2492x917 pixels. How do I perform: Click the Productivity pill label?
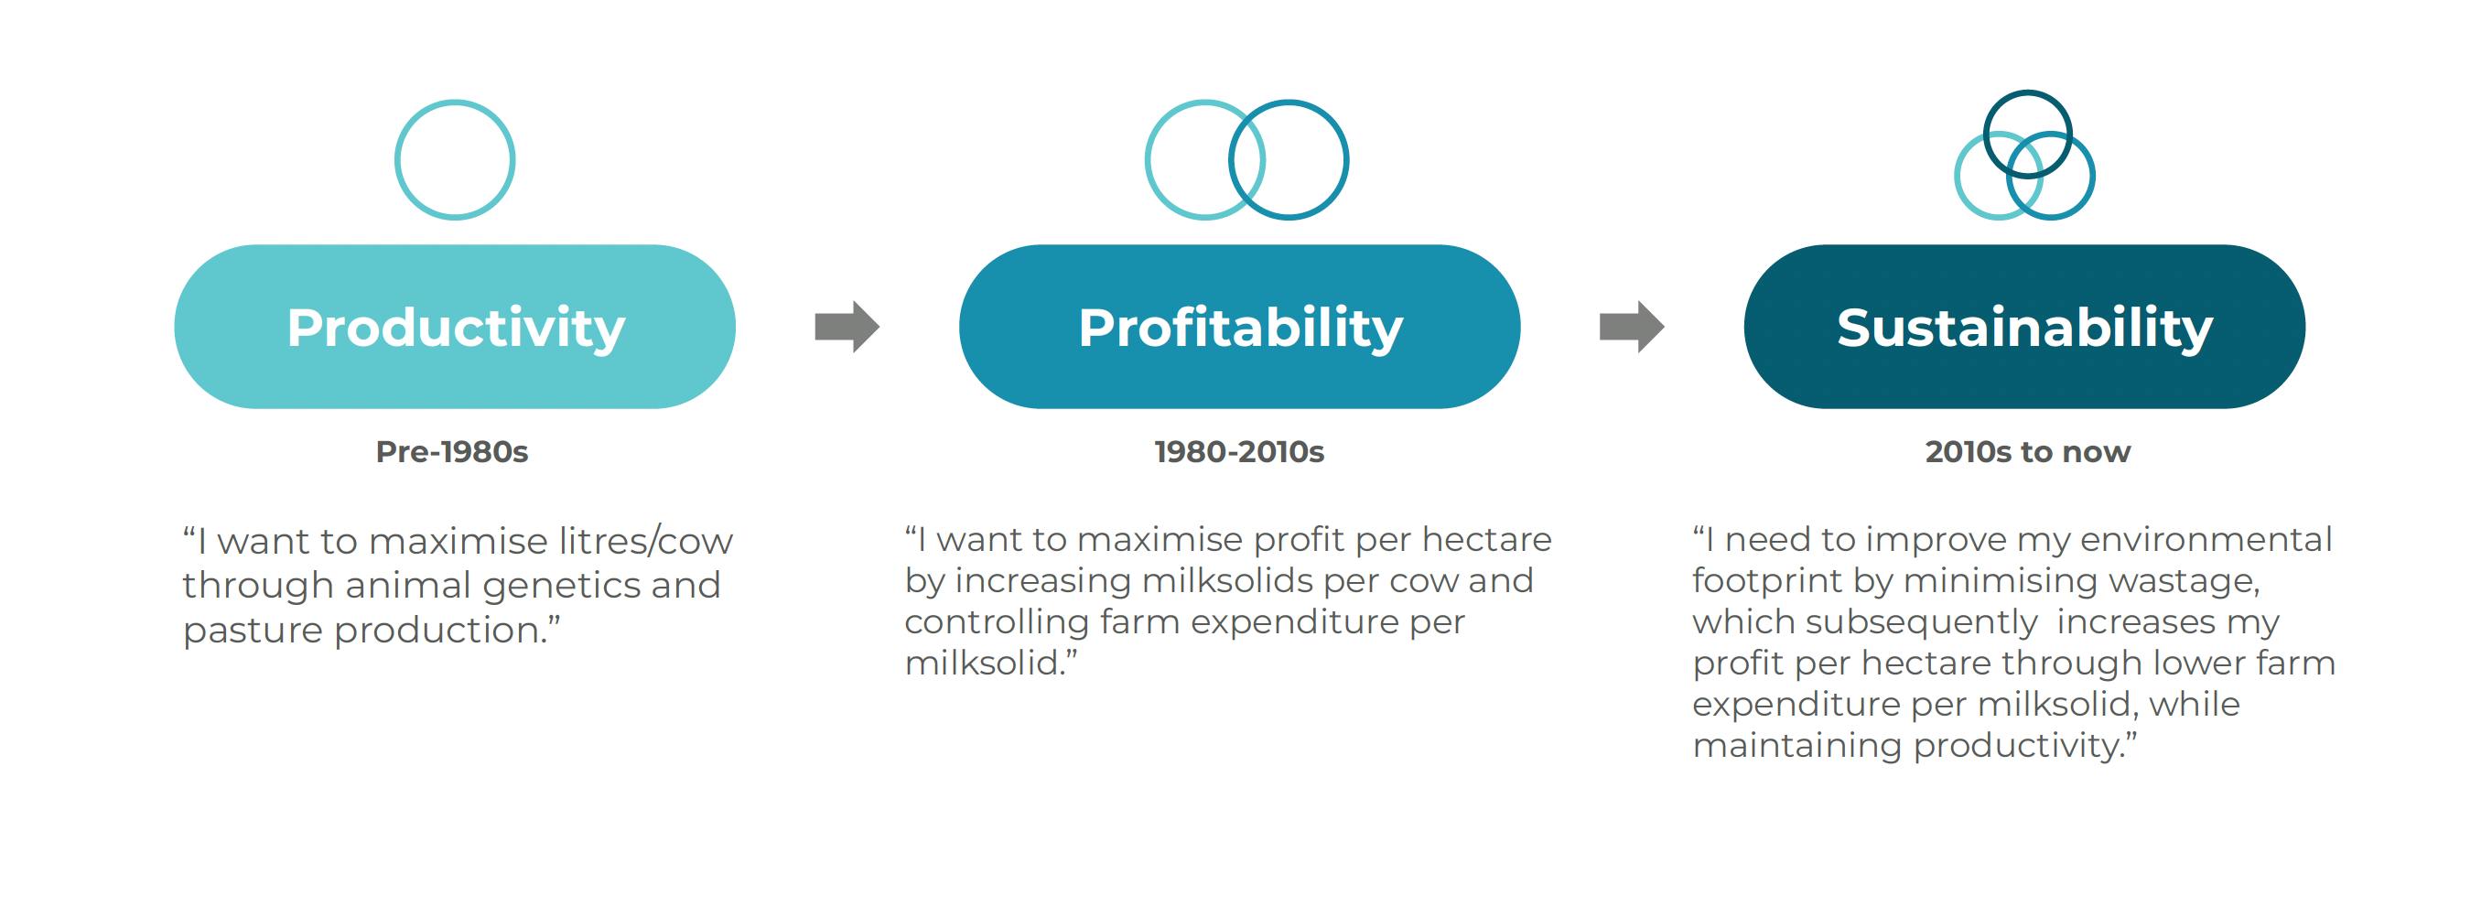(x=456, y=328)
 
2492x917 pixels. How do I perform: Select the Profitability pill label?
(x=1240, y=328)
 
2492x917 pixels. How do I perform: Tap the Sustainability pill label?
(x=2024, y=328)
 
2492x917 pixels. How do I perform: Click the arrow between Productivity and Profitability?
(x=847, y=327)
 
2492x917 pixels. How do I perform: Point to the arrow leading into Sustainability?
(x=1632, y=327)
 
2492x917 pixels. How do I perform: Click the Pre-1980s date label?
(x=452, y=452)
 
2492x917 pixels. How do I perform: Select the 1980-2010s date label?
(x=1239, y=452)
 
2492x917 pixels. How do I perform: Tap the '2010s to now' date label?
(x=2028, y=452)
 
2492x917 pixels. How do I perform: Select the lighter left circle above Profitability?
(x=1147, y=159)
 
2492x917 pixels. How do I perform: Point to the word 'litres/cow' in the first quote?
(x=645, y=541)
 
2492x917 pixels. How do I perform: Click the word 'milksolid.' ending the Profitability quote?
(x=990, y=663)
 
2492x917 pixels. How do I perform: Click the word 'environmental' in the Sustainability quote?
(x=2206, y=540)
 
